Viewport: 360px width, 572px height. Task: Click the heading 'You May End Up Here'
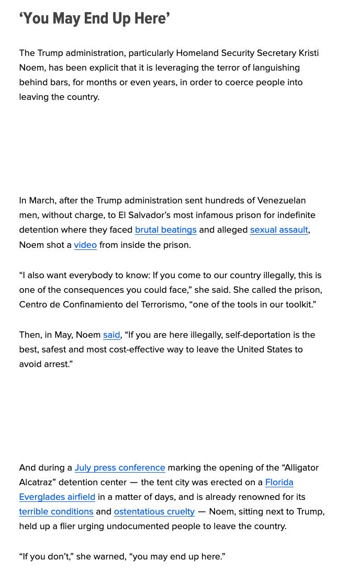[x=95, y=19]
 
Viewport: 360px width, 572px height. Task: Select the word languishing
[x=272, y=68]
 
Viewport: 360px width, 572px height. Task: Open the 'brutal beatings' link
[x=166, y=230]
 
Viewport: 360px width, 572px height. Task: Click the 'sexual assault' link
[x=279, y=230]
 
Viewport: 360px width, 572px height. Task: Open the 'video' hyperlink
[x=85, y=245]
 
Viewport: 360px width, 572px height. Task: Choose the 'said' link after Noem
[x=111, y=335]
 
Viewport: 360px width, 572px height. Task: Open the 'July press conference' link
[x=120, y=468]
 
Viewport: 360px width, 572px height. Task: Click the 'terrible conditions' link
[x=56, y=512]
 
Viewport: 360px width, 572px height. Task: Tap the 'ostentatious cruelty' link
[x=154, y=512]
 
